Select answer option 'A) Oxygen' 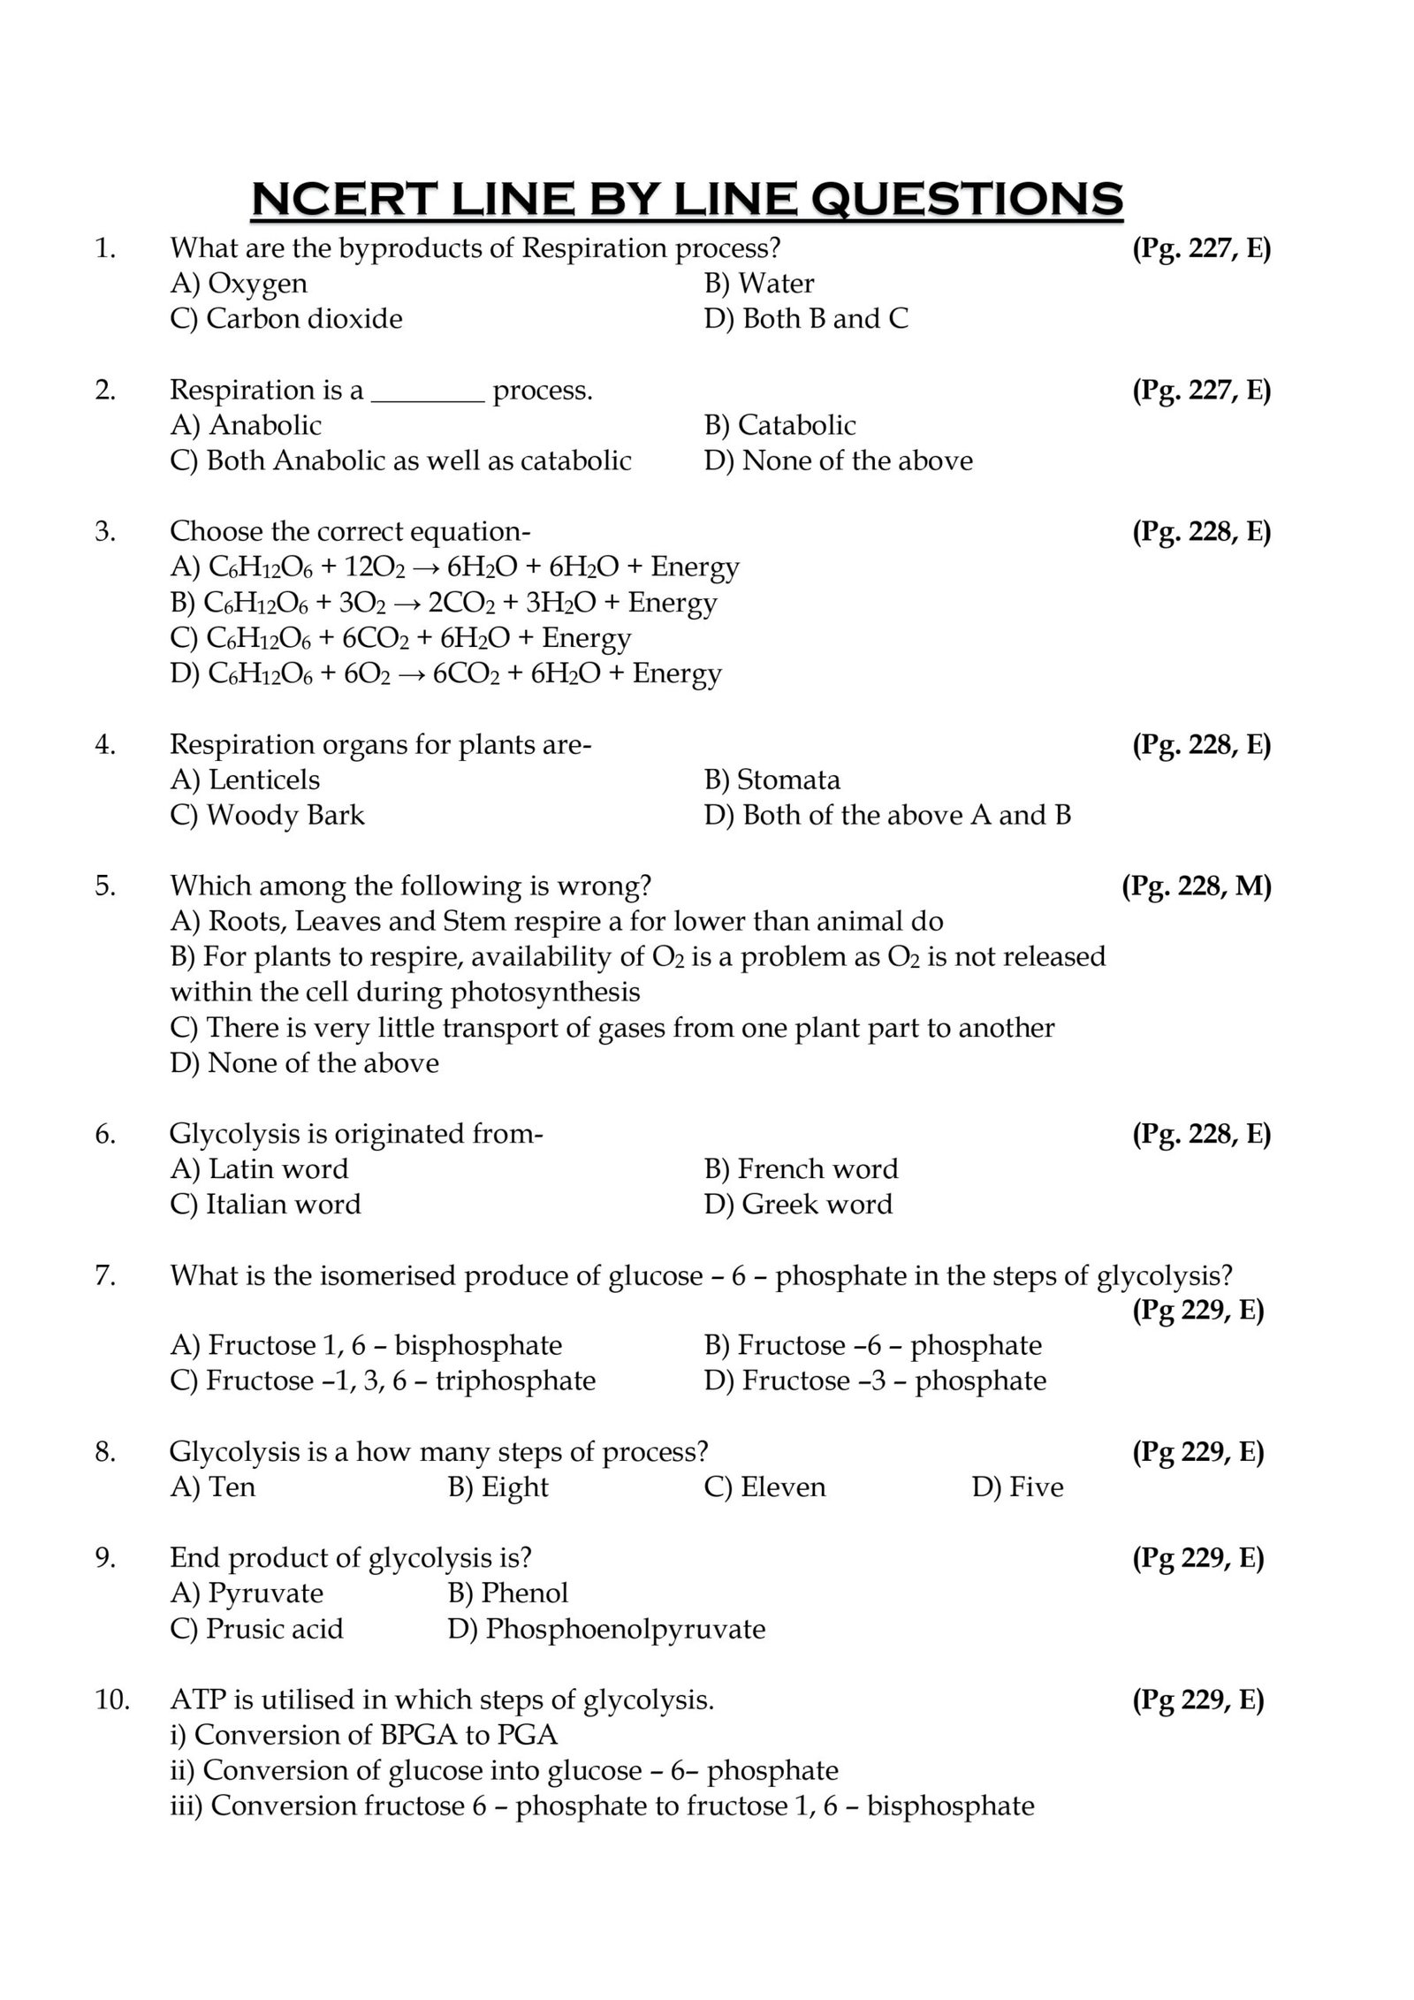coord(239,284)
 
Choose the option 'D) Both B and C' coord(806,319)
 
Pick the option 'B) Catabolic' coord(779,426)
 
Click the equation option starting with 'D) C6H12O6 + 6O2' coord(446,674)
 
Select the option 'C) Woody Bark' coord(267,815)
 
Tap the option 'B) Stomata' coord(772,780)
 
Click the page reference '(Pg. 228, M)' coord(1196,886)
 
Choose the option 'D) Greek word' coord(798,1205)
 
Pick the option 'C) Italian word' coord(265,1205)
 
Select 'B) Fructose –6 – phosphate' coord(873,1346)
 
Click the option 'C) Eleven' coord(764,1487)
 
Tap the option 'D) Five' coord(1017,1487)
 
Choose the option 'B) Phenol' coord(508,1593)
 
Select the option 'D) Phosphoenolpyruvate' coord(606,1629)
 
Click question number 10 coord(111,1700)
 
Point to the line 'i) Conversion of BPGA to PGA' coord(363,1735)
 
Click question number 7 coord(105,1275)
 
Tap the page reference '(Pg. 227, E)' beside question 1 coord(1201,249)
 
